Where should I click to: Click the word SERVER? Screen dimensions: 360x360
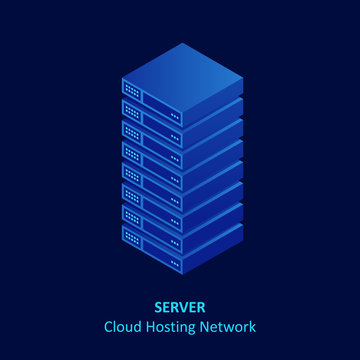pyautogui.click(x=180, y=307)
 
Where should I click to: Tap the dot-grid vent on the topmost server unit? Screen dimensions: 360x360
pyautogui.click(x=131, y=90)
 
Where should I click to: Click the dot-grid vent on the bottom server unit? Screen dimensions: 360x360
pyautogui.click(x=131, y=237)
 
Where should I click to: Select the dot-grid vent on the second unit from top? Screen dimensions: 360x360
pyautogui.click(x=131, y=111)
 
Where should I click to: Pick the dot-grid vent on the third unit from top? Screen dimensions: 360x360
pyautogui.click(x=131, y=132)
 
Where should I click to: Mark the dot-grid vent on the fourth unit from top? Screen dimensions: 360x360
pyautogui.click(x=131, y=153)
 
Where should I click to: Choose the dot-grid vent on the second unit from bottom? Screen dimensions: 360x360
pyautogui.click(x=131, y=216)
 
